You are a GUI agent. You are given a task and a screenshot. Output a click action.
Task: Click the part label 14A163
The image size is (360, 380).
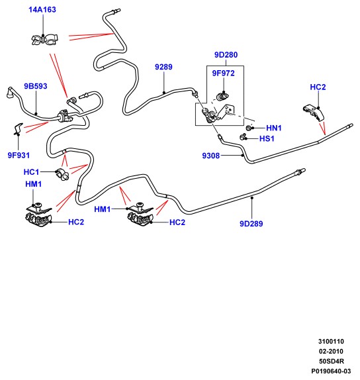(42, 10)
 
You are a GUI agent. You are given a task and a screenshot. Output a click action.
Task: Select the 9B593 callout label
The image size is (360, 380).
(36, 86)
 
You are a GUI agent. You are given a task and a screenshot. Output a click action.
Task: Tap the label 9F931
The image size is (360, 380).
(19, 156)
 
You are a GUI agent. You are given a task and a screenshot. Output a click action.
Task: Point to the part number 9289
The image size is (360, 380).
(163, 67)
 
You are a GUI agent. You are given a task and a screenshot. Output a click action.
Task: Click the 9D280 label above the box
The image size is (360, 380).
(226, 55)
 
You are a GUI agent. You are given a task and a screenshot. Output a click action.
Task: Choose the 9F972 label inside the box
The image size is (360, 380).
(224, 73)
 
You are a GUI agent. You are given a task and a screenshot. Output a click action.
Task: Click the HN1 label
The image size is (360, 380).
(274, 128)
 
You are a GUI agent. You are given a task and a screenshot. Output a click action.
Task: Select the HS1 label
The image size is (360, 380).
(267, 138)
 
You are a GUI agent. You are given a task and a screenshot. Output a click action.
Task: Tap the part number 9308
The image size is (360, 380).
(211, 156)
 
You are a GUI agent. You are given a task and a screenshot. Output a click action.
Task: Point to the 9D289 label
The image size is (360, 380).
(251, 224)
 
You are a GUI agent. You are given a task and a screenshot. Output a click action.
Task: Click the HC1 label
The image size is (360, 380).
(31, 172)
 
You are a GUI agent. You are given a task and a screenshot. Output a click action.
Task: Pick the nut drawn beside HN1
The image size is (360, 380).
(249, 128)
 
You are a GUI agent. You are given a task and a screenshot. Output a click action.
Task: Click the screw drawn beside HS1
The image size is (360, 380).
(243, 137)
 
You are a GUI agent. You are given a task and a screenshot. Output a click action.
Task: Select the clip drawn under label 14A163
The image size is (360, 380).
(44, 40)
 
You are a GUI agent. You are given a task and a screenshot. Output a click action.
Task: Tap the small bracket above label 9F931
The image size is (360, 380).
(18, 128)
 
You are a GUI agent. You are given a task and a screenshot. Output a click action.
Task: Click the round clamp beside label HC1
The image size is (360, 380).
(63, 174)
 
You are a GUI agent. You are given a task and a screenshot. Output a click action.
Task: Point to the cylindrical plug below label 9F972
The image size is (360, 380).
(222, 96)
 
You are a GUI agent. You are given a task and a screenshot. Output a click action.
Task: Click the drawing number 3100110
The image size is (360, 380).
(331, 342)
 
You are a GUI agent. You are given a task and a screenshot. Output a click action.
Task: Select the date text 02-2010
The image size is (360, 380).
(331, 352)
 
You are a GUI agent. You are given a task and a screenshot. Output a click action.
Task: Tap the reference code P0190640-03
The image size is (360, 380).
(331, 371)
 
